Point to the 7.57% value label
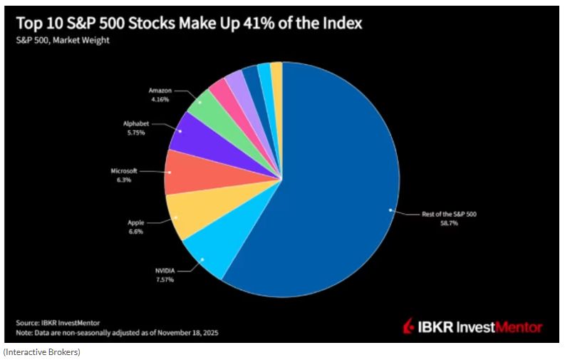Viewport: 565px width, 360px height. pyautogui.click(x=166, y=279)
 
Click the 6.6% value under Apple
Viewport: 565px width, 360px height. pyautogui.click(x=136, y=232)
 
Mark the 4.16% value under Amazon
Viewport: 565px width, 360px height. pyautogui.click(x=160, y=100)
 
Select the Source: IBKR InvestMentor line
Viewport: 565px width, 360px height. pyautogui.click(x=58, y=322)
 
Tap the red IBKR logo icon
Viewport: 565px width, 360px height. pyautogui.click(x=410, y=327)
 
